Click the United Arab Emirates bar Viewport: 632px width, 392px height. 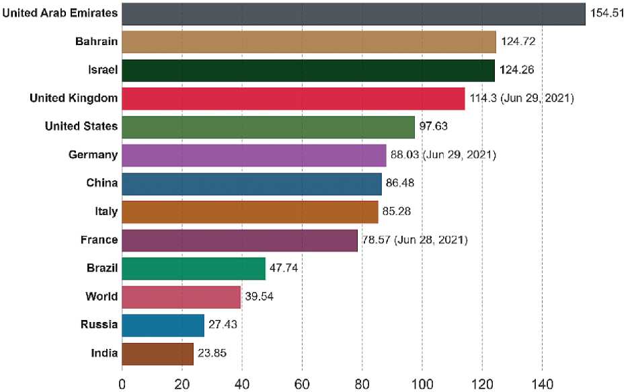(x=353, y=13)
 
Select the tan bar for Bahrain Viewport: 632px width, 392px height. (x=309, y=42)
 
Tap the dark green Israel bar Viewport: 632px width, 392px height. (x=308, y=70)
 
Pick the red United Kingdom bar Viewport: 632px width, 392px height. (x=293, y=99)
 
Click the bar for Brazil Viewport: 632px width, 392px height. (x=194, y=268)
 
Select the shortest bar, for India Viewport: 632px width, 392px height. (x=157, y=353)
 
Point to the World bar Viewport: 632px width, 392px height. (x=181, y=297)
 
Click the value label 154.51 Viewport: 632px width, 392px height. (x=607, y=13)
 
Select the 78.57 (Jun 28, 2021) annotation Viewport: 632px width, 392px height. (x=415, y=240)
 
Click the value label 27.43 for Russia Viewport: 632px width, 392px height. (x=223, y=325)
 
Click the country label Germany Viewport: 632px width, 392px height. (x=93, y=155)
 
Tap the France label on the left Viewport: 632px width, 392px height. (x=100, y=240)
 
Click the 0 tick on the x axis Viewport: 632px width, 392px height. (x=122, y=383)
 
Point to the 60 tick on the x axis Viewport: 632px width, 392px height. (x=302, y=383)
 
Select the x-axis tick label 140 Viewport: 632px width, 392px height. (x=542, y=383)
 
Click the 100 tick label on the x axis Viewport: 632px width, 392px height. (x=422, y=383)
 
